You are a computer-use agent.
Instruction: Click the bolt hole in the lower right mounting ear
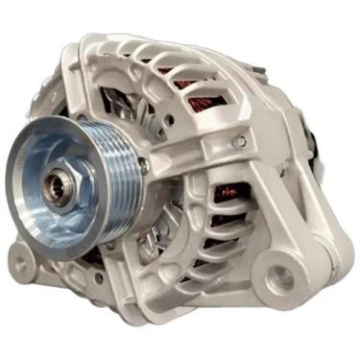279,279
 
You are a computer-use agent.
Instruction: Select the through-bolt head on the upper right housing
239,142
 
